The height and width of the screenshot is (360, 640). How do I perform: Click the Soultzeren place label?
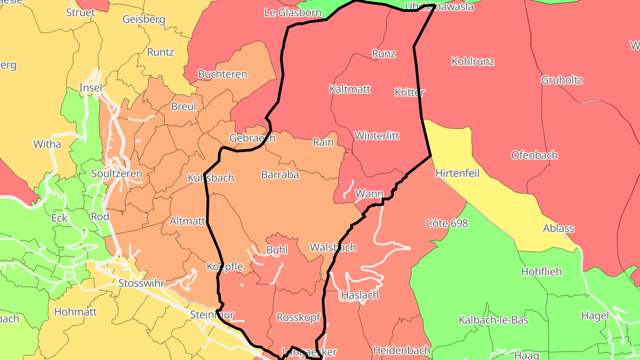pos(116,174)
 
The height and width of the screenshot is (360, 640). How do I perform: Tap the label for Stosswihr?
pos(141,283)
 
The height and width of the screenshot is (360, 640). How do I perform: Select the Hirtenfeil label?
pos(457,173)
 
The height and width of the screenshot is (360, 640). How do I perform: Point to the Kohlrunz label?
pos(472,61)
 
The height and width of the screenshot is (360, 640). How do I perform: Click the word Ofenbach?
pos(534,155)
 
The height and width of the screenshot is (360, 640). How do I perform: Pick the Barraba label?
pos(280,175)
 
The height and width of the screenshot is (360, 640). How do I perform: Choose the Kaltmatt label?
pos(350,89)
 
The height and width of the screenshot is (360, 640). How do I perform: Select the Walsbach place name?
pos(333,247)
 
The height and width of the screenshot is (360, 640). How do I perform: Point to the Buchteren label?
pos(223,74)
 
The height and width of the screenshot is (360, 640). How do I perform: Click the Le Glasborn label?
pos(292,12)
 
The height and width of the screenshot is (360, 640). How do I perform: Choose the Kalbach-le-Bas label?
pos(493,320)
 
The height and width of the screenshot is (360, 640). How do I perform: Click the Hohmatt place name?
pos(75,312)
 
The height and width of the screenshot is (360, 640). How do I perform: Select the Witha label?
pos(47,144)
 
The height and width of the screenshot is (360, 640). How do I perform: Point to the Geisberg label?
pos(144,20)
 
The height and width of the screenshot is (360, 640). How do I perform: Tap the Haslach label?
pos(360,295)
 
